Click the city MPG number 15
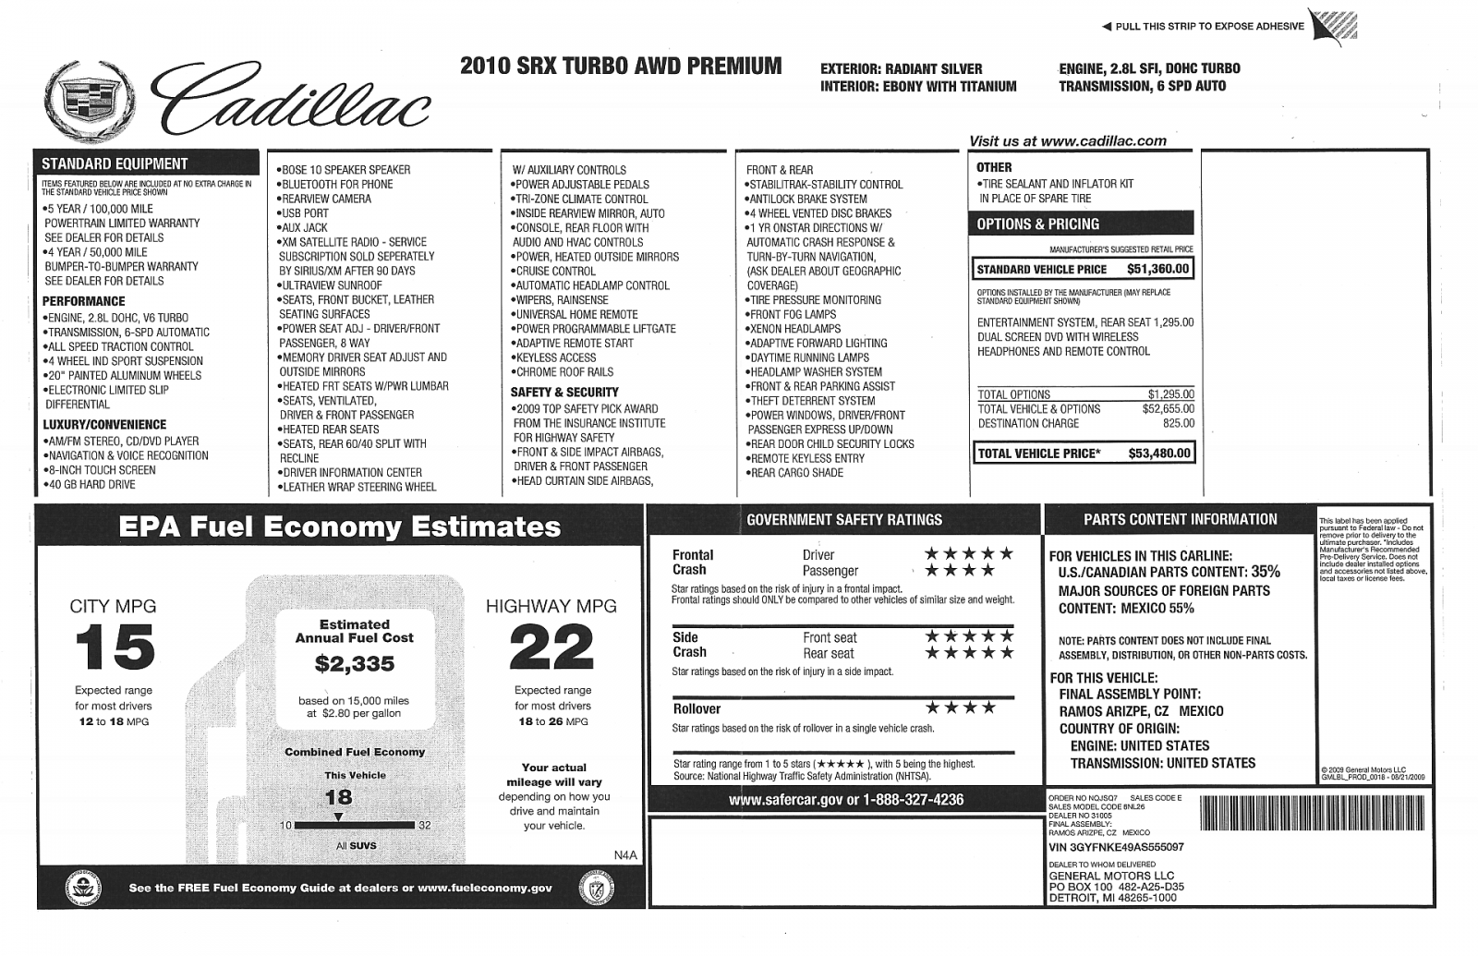pos(115,647)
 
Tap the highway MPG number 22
pos(551,647)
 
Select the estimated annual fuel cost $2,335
pos(355,663)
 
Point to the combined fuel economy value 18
pos(338,797)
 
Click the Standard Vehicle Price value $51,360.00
pos(1158,270)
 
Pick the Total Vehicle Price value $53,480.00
pos(1159,454)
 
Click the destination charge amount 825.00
pos(1178,423)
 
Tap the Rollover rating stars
pos(961,708)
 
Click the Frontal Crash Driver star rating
pos(969,554)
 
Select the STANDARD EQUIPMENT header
pos(115,163)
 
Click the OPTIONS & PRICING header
pos(1038,224)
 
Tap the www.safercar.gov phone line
pos(845,800)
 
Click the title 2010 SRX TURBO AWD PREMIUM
pos(620,67)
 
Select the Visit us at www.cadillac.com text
pos(1067,141)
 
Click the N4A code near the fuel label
pos(625,855)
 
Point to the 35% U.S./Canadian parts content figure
pos(1266,573)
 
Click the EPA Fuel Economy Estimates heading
pos(339,527)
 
